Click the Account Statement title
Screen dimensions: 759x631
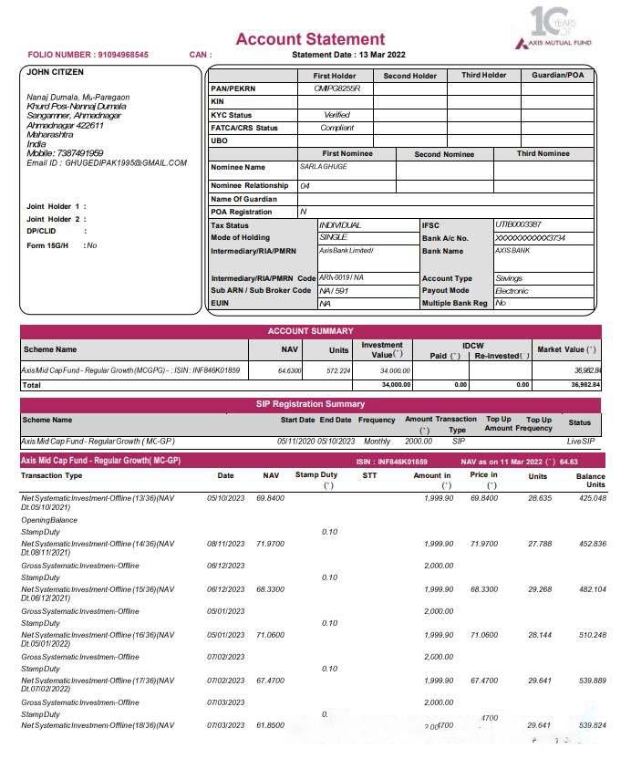pyautogui.click(x=310, y=39)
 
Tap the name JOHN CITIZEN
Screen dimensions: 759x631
pyautogui.click(x=56, y=72)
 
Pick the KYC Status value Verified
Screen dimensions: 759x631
pyautogui.click(x=336, y=115)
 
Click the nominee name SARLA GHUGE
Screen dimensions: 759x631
pyautogui.click(x=324, y=167)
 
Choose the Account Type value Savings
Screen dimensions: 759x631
pyautogui.click(x=509, y=277)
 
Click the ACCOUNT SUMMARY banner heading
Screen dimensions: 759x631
pyautogui.click(x=310, y=331)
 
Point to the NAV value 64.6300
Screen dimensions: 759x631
pyautogui.click(x=289, y=371)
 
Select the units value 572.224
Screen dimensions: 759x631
pyautogui.click(x=338, y=371)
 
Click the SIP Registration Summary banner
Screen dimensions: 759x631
pyautogui.click(x=310, y=404)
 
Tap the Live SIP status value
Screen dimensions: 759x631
pyautogui.click(x=580, y=442)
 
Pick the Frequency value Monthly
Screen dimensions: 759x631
pyautogui.click(x=376, y=442)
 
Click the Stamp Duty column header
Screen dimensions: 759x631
pyautogui.click(x=316, y=475)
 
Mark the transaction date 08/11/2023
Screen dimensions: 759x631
pyautogui.click(x=226, y=544)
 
